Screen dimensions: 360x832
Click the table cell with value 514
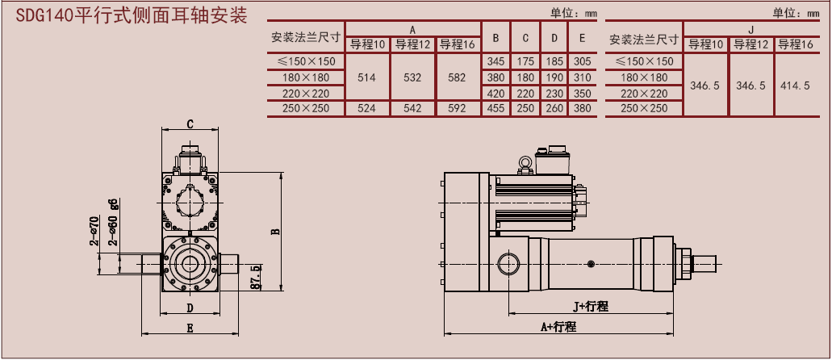367,77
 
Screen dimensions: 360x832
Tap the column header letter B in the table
495,37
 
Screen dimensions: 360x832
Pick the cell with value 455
495,108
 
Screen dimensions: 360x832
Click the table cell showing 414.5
795,85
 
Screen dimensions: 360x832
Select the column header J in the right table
750,30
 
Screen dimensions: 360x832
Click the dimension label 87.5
256,277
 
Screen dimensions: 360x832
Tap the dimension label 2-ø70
94,231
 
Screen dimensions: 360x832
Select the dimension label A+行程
558,326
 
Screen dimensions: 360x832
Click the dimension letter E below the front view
190,328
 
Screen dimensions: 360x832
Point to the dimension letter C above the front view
190,123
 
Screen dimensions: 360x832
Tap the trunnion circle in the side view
510,264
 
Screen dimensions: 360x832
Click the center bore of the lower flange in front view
190,264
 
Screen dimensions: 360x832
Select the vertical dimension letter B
275,231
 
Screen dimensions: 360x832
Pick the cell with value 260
554,108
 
